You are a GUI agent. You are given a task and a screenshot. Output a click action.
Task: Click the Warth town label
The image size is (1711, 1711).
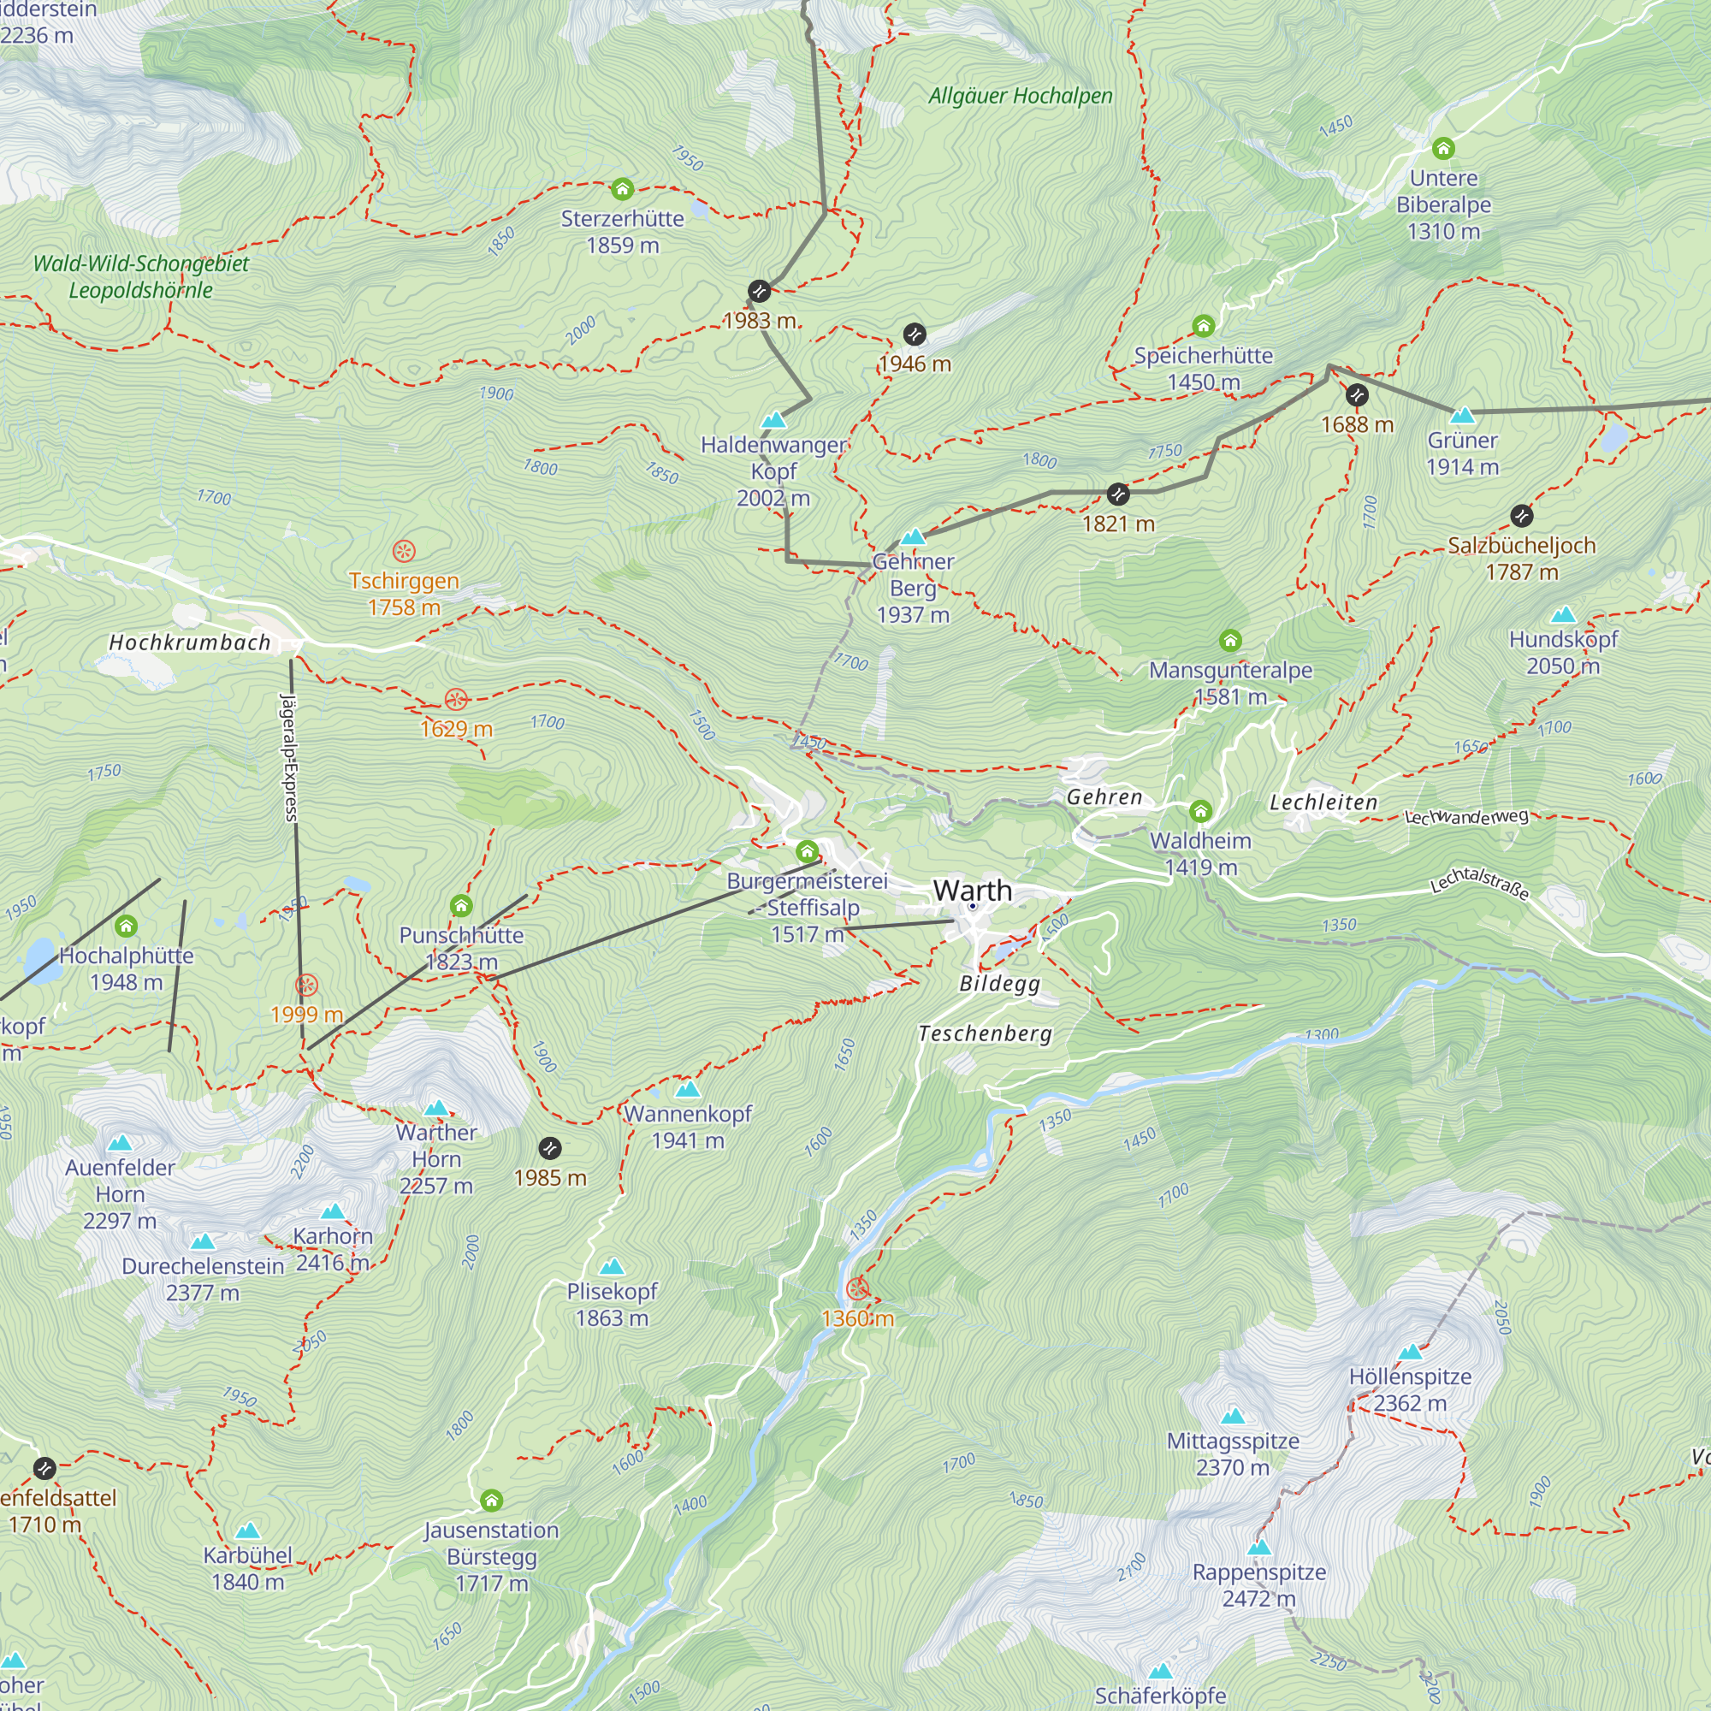[x=972, y=890]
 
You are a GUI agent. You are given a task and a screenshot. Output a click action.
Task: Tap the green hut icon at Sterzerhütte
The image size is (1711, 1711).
[x=623, y=188]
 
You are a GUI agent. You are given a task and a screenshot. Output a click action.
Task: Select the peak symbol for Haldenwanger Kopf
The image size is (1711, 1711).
[x=774, y=420]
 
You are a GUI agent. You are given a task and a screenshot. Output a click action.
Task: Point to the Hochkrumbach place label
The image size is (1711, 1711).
[x=190, y=643]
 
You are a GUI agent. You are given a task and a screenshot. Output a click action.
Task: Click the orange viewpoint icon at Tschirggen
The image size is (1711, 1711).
[x=404, y=552]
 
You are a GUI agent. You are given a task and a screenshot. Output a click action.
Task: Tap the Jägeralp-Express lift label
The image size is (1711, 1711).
[x=288, y=757]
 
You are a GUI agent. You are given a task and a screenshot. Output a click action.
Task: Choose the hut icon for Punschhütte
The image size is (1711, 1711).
[x=461, y=905]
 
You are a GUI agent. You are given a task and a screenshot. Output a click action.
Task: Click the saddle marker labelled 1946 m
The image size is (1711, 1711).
[x=915, y=335]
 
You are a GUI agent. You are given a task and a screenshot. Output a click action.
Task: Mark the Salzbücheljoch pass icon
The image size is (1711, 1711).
[x=1521, y=515]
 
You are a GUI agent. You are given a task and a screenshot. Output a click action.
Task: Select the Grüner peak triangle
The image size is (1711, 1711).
[x=1462, y=414]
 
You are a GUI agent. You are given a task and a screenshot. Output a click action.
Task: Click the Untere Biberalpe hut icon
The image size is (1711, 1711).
[x=1443, y=148]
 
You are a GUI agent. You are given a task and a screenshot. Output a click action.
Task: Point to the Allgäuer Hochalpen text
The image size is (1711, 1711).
[x=1021, y=96]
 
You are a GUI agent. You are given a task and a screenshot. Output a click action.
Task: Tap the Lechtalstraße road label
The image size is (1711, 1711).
[x=1480, y=882]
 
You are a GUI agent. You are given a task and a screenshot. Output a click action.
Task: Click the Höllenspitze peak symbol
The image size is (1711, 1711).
[x=1410, y=1352]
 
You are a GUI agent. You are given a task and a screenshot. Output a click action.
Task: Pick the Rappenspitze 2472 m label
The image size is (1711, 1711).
[x=1258, y=1585]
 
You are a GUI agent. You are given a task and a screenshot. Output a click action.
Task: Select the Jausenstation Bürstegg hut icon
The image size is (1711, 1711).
[x=492, y=1501]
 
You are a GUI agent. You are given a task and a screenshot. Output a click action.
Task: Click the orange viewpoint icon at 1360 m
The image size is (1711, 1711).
[x=857, y=1288]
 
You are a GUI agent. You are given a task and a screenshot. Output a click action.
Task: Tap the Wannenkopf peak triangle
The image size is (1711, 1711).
[x=687, y=1089]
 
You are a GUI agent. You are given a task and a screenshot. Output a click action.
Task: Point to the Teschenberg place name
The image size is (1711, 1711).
[x=985, y=1033]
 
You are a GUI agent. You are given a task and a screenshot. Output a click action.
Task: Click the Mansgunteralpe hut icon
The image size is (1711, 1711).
[x=1230, y=640]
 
